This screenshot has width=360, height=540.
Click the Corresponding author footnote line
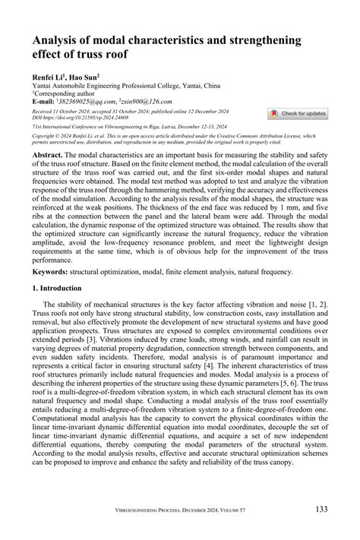point(65,93)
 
